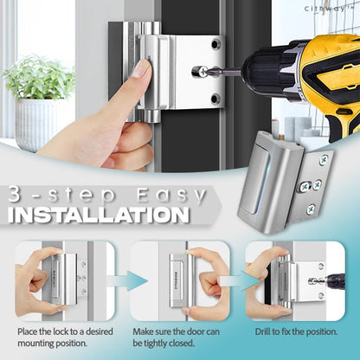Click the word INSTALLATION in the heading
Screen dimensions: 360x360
click(99, 215)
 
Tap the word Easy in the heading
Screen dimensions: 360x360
click(171, 195)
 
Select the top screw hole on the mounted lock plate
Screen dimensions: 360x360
click(215, 44)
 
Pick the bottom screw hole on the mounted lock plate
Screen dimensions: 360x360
click(215, 99)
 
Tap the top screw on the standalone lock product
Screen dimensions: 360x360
click(324, 159)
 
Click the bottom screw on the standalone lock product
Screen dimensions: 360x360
click(312, 209)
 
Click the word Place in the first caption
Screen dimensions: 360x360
click(28, 331)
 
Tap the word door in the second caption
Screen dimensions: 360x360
click(196, 331)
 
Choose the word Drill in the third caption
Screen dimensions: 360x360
click(263, 331)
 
